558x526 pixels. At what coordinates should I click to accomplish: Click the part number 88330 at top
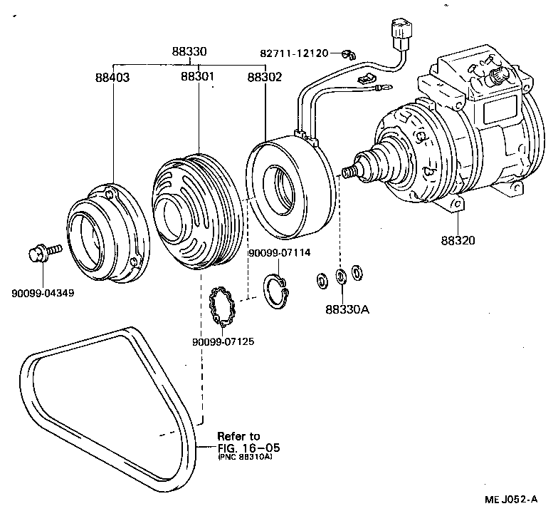[x=189, y=52]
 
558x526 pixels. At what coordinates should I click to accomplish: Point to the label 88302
[x=265, y=76]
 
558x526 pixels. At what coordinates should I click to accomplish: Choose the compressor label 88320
[x=458, y=240]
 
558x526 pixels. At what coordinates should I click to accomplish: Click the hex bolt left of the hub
[x=42, y=253]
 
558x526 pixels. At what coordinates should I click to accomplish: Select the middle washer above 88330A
[x=341, y=276]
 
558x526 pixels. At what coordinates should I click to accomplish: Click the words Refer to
[x=238, y=436]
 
